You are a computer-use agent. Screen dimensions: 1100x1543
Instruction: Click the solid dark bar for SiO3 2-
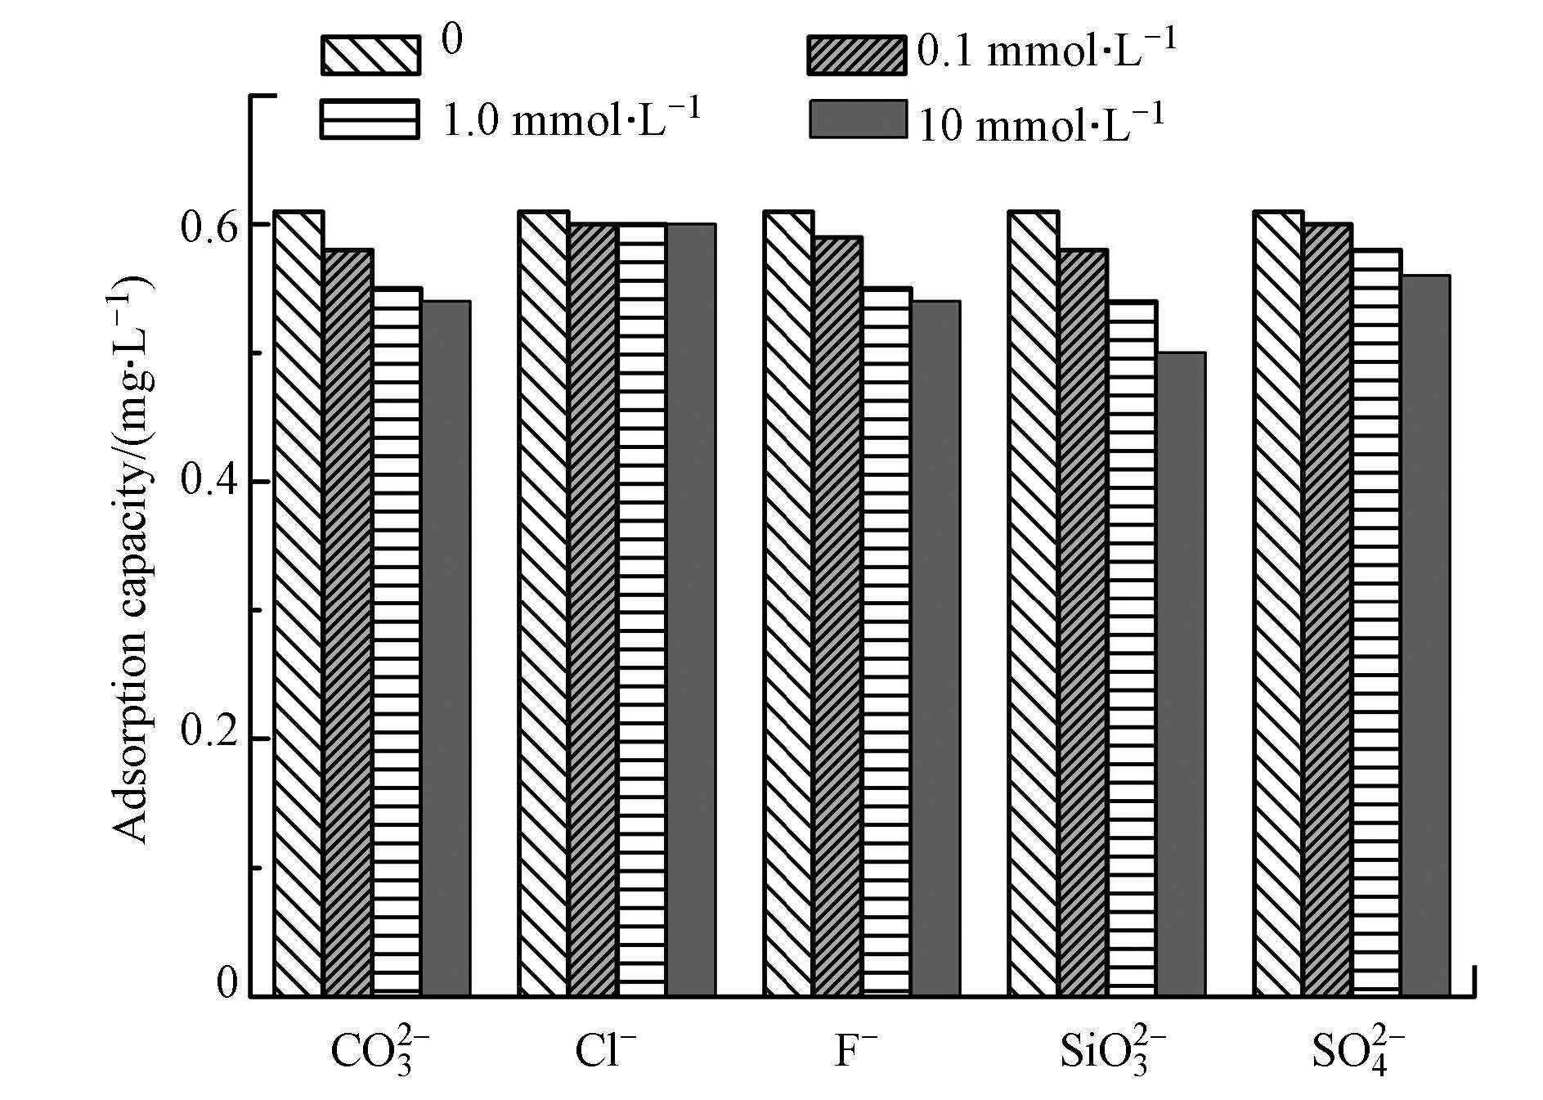pos(1180,674)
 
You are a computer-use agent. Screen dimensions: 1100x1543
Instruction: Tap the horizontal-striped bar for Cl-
pos(642,609)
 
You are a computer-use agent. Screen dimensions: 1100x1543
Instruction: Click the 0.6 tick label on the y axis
pos(210,225)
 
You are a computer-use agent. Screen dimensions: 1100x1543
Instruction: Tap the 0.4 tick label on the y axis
pos(210,482)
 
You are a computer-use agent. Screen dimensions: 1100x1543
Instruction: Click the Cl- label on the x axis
pos(605,1052)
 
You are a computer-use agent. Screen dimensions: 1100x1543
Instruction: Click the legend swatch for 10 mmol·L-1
pos(858,119)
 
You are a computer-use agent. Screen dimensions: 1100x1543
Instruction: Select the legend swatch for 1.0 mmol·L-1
pos(370,119)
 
